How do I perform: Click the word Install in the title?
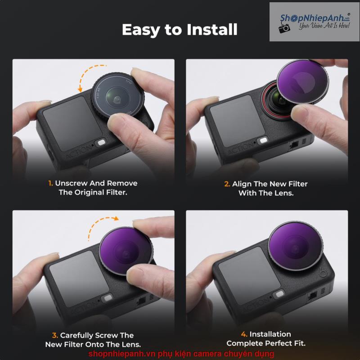212,29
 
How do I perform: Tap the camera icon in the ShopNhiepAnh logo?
284,27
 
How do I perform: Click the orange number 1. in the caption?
50,183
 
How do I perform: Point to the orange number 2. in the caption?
227,184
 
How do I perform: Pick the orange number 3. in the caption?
55,335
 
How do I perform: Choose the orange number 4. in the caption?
244,334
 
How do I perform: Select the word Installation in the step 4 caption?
270,334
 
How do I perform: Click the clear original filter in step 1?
117,96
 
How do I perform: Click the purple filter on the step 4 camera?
295,246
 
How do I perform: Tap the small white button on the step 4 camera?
279,294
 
